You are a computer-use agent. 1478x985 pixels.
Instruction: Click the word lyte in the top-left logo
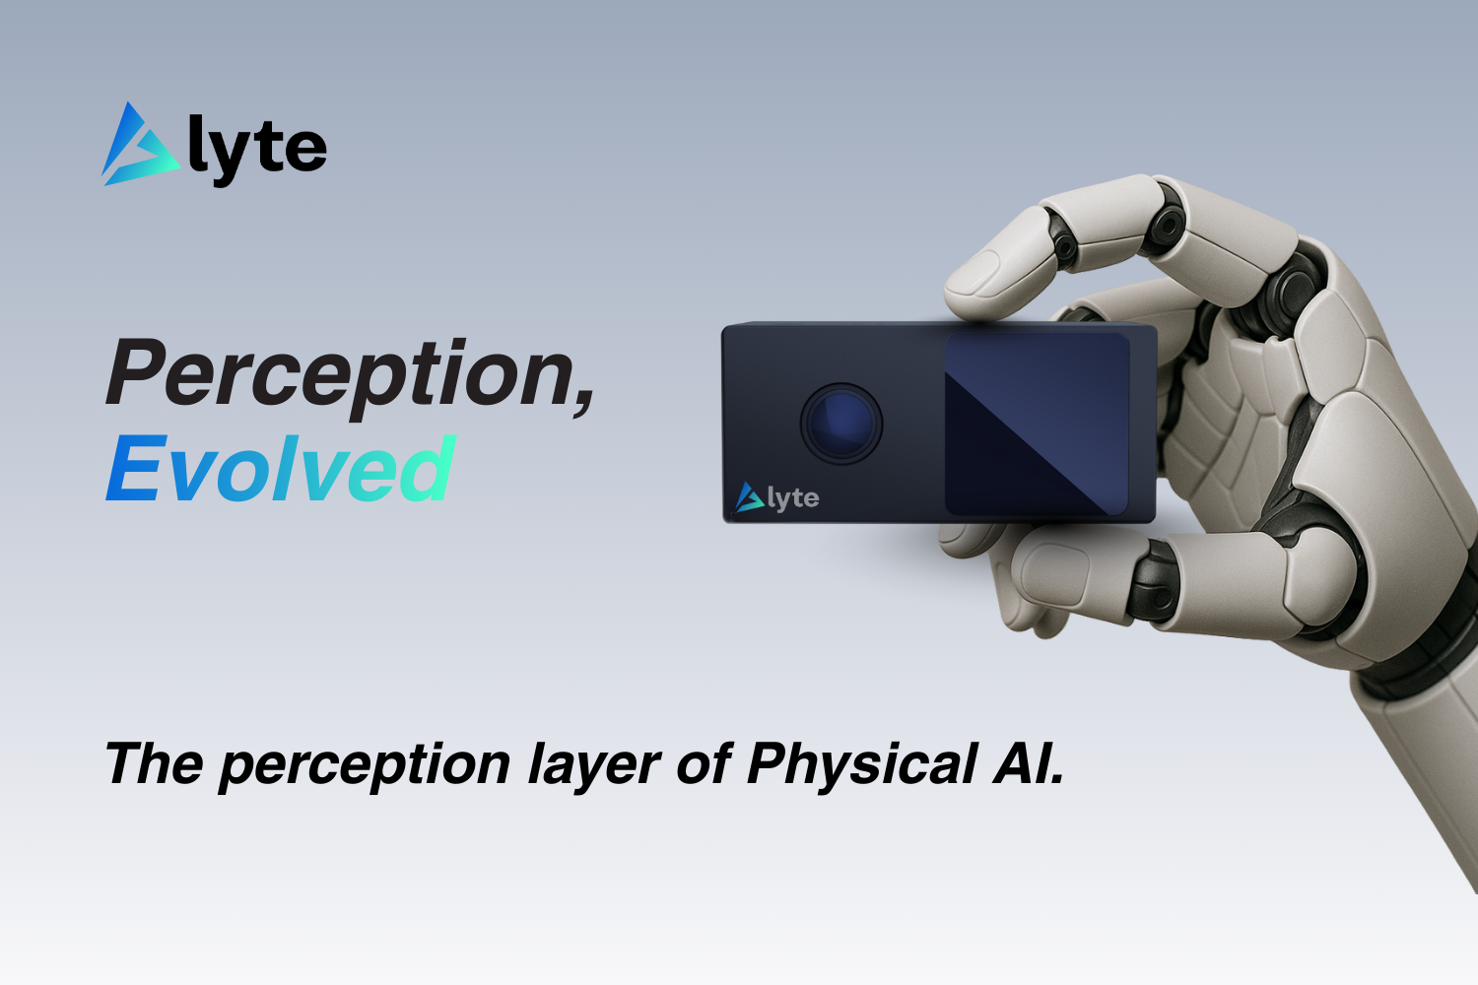(x=257, y=153)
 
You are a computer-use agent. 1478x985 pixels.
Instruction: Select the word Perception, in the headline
(x=350, y=376)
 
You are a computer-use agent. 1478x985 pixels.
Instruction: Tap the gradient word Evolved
(x=281, y=469)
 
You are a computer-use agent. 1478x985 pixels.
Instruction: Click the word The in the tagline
(x=154, y=763)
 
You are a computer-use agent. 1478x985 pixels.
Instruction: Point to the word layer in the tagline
(x=593, y=766)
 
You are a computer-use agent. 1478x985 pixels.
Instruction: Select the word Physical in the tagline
(x=862, y=765)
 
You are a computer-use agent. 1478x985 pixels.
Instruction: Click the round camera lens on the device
(x=841, y=424)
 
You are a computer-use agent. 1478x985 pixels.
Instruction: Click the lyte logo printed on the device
(x=777, y=497)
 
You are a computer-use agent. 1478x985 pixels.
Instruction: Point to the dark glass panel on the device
(x=1038, y=424)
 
